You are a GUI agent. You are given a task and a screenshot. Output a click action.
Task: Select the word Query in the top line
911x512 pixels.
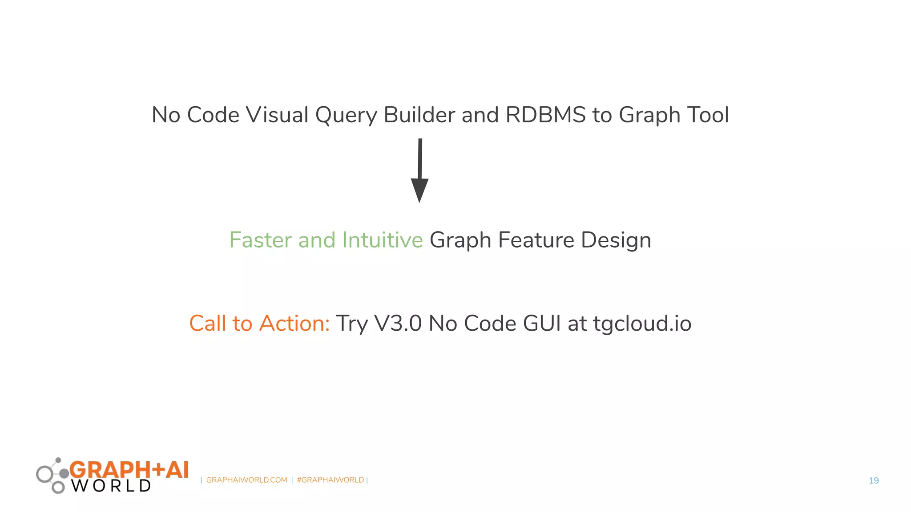pyautogui.click(x=346, y=116)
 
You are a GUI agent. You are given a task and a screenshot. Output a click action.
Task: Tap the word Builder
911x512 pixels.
pyautogui.click(x=419, y=115)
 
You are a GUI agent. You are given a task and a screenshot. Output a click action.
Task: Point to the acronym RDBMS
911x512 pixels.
pyautogui.click(x=546, y=115)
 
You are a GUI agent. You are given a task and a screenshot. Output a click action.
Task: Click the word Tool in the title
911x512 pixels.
pyautogui.click(x=708, y=115)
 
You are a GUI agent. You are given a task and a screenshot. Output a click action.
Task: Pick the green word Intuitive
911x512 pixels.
pyautogui.click(x=382, y=240)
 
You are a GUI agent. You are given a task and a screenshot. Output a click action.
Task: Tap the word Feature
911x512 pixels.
pyautogui.click(x=536, y=240)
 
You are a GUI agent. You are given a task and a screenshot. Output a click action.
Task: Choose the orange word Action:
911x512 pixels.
pyautogui.click(x=294, y=323)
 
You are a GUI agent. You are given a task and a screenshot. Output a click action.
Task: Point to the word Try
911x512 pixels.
pyautogui.click(x=351, y=324)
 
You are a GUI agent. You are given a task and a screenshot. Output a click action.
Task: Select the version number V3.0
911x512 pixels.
pyautogui.click(x=398, y=323)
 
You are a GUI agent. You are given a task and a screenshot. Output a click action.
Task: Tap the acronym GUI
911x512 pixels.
pyautogui.click(x=542, y=323)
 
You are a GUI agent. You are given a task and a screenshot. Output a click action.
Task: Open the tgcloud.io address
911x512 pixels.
pyautogui.click(x=642, y=324)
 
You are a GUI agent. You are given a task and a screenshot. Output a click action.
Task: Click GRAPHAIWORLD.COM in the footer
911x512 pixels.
pyautogui.click(x=246, y=480)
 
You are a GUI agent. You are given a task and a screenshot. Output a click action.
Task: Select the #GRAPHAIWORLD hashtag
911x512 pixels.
pyautogui.click(x=330, y=480)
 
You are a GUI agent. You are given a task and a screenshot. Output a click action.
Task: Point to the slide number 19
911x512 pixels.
pyautogui.click(x=874, y=480)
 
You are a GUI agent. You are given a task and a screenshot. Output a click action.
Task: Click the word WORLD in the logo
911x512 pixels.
pyautogui.click(x=111, y=486)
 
